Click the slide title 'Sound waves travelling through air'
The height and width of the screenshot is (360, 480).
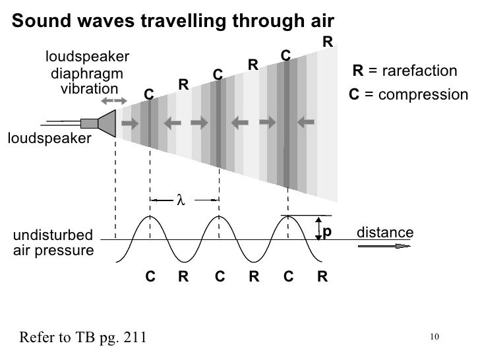coord(174,20)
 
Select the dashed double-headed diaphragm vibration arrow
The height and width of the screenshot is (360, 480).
coord(115,100)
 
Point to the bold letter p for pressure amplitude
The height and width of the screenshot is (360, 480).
coord(326,231)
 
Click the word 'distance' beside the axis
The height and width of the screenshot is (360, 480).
coord(384,232)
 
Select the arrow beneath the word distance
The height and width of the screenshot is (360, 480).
coord(381,247)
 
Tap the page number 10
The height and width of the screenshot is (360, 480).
coord(433,338)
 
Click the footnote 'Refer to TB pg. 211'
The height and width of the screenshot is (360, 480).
coord(82,338)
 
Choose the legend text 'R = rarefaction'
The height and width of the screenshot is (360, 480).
coord(405,71)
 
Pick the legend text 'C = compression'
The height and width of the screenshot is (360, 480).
coord(407,95)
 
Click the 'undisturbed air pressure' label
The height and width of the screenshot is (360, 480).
coord(53,242)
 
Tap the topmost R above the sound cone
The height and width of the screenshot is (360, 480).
coord(327,42)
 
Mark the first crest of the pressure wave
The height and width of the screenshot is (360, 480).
coord(150,217)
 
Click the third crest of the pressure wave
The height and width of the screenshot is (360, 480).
coord(288,217)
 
